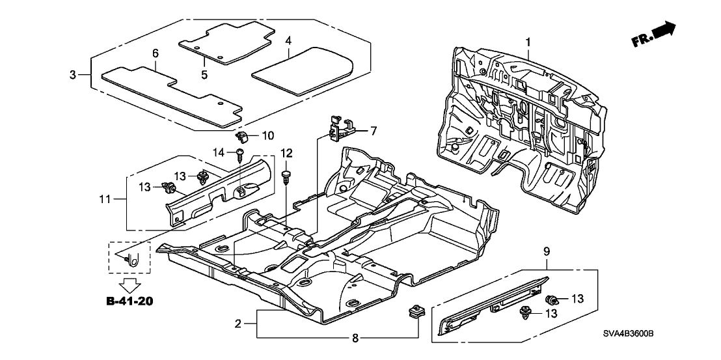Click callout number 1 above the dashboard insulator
(x=528, y=42)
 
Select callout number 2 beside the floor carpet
(x=238, y=324)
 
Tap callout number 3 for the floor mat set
(x=73, y=75)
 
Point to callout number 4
(x=288, y=40)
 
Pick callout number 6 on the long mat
(x=155, y=53)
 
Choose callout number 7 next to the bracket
(x=373, y=131)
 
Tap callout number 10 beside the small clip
(x=268, y=135)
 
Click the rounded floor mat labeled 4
(x=303, y=70)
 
